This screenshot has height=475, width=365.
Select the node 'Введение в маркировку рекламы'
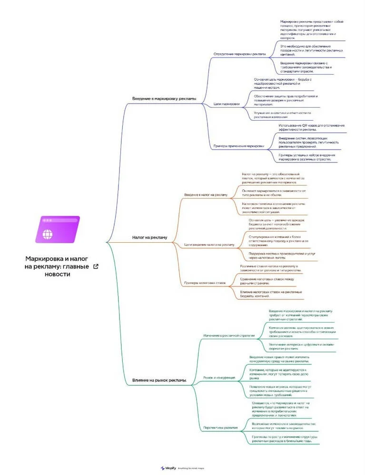164,99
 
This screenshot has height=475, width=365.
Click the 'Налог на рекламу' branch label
149,237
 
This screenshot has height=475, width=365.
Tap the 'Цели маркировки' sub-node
227,104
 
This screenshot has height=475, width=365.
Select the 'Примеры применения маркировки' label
238,146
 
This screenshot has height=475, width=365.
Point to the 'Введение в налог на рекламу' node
206,195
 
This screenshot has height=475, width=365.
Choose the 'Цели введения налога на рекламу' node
209,245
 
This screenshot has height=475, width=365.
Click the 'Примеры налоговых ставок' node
205,283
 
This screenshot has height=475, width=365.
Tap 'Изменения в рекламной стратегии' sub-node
229,335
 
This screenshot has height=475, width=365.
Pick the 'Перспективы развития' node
220,427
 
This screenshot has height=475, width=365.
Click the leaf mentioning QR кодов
311,127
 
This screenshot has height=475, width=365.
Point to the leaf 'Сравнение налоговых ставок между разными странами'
267,281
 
